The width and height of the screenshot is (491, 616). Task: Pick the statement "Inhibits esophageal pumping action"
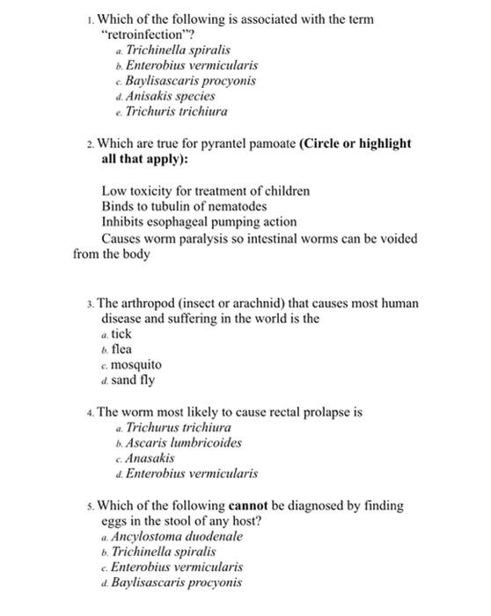pos(199,222)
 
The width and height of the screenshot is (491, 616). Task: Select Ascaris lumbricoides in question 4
pos(184,443)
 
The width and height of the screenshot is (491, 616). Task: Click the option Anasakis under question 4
pos(150,458)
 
